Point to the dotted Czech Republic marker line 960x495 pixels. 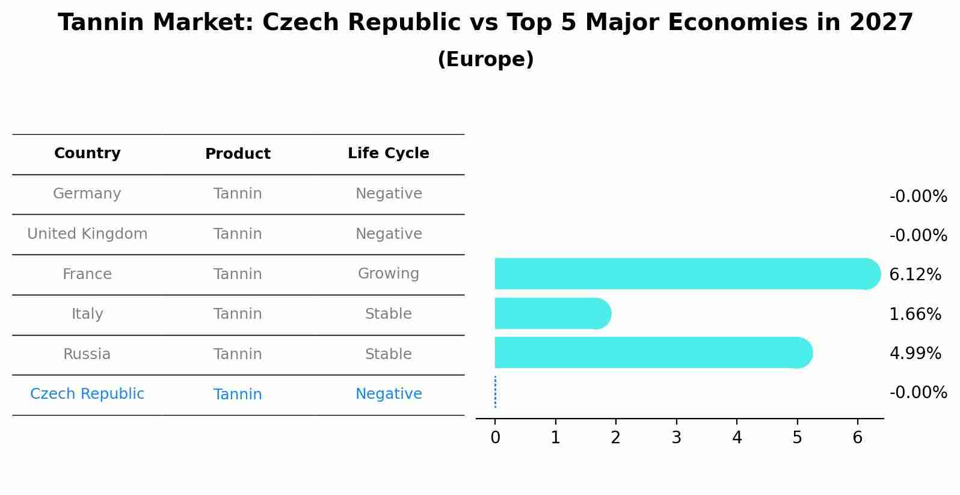(495, 392)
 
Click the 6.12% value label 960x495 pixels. (914, 275)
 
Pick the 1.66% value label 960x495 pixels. (914, 314)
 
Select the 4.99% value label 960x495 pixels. (914, 353)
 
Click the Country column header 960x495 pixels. (87, 153)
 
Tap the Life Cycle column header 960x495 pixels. (388, 153)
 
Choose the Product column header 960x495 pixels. (238, 154)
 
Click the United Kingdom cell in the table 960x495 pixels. (87, 234)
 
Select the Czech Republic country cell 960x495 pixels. (87, 394)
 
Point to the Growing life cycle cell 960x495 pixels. (388, 274)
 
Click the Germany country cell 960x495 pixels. (87, 194)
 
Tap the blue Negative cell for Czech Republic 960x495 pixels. (388, 394)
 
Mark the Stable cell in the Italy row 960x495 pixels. (388, 314)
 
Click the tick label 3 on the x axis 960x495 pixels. (676, 438)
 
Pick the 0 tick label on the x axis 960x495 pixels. (495, 438)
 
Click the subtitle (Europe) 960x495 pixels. (485, 60)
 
